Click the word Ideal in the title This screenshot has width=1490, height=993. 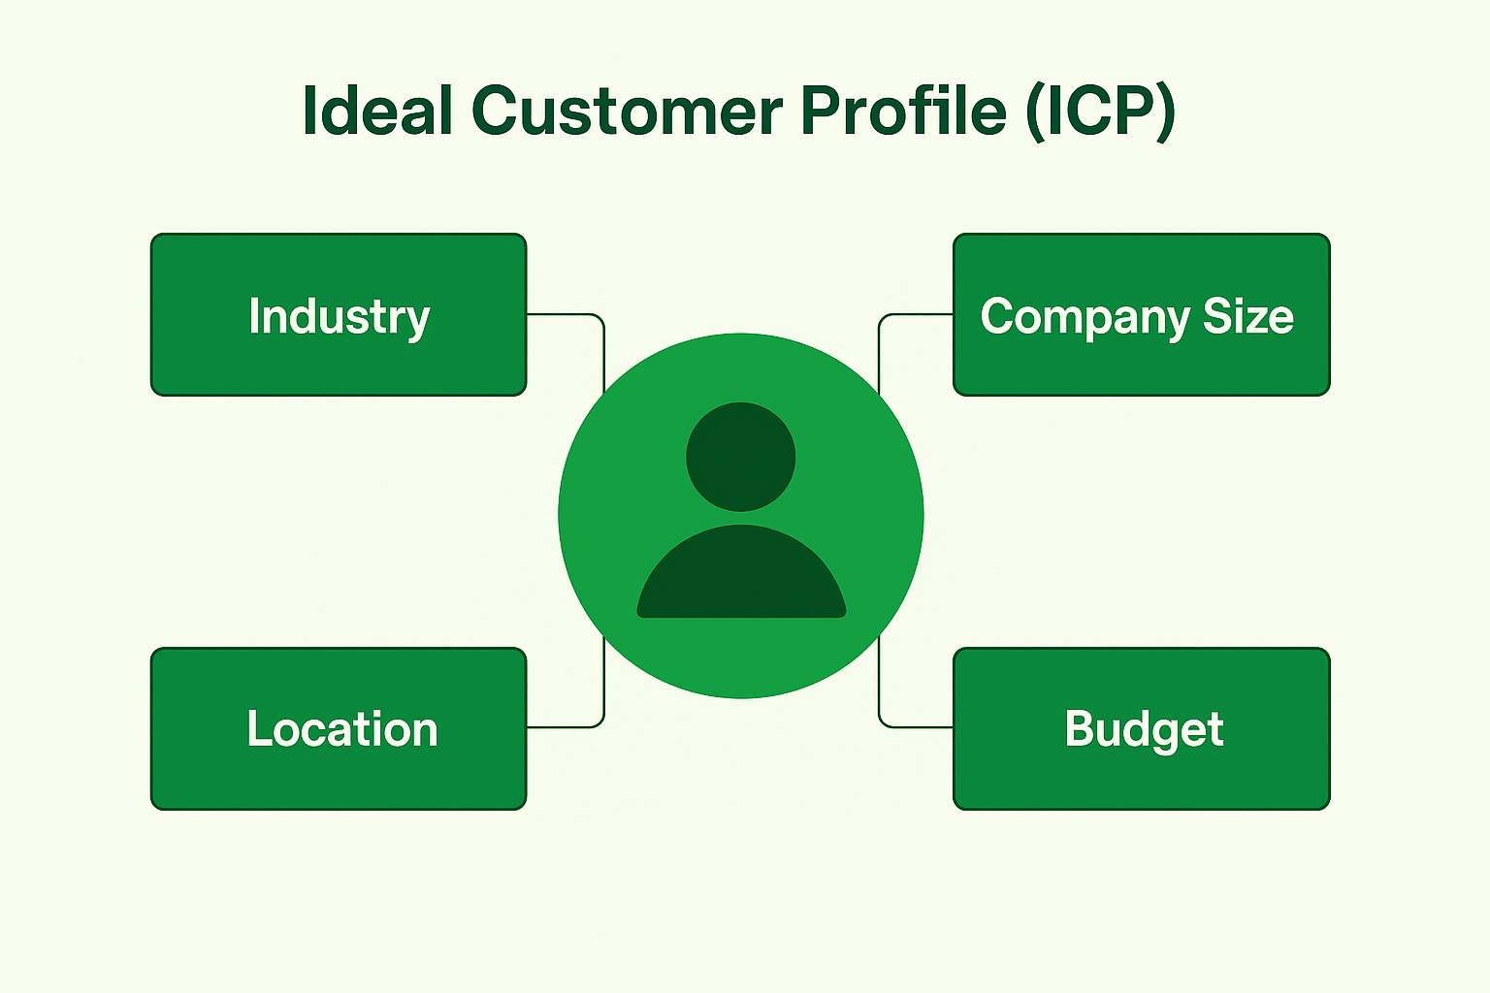click(x=377, y=111)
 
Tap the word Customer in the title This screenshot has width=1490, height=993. click(x=627, y=111)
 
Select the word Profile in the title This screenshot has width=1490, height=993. click(x=903, y=111)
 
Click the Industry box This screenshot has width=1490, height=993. click(x=339, y=315)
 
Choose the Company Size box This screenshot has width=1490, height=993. click(x=1141, y=315)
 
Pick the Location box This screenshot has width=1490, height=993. click(x=339, y=728)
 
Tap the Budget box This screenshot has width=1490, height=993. click(x=1141, y=728)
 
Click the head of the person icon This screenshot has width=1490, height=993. click(x=740, y=457)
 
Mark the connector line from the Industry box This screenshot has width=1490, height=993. click(x=567, y=314)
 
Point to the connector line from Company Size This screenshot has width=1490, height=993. click(x=912, y=314)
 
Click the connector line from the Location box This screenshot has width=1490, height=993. click(x=567, y=726)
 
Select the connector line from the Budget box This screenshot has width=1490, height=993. click(x=912, y=726)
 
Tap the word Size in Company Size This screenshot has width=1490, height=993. click(x=1247, y=316)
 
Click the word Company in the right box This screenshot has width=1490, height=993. click(x=1085, y=318)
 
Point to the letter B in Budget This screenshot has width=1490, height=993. click(x=1079, y=728)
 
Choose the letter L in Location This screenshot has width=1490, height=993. click(x=257, y=728)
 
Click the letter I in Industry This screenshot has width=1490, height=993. click(x=254, y=315)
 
